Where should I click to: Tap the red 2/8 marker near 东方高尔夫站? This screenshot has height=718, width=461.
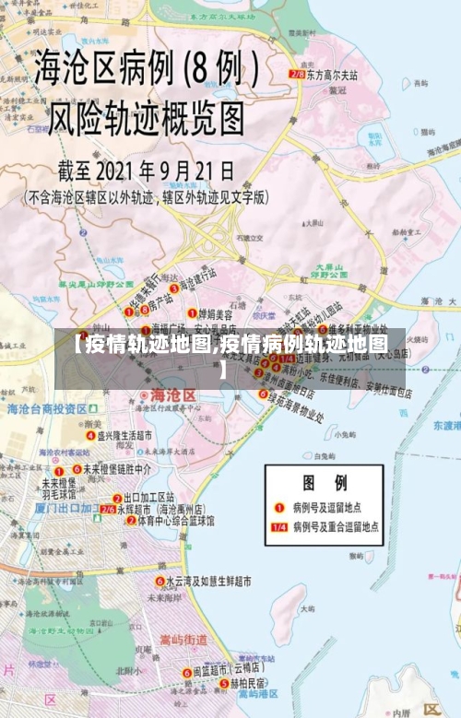coord(297,73)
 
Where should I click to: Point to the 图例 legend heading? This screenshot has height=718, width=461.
coord(325,482)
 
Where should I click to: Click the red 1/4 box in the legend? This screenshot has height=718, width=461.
coord(278,527)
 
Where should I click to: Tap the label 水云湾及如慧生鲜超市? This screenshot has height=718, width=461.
coord(209,582)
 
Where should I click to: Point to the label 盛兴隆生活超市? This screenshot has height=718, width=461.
coord(125,435)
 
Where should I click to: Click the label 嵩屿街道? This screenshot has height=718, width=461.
coord(183,639)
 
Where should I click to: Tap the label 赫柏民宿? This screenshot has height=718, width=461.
coord(241,685)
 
